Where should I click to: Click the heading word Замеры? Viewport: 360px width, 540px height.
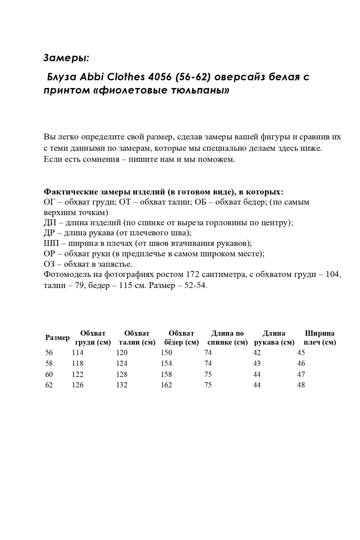coord(66,58)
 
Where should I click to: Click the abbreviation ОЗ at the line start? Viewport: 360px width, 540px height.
coord(49,264)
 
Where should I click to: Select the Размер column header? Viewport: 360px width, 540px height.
coord(57,338)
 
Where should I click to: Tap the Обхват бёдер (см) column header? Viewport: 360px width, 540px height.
coord(181,338)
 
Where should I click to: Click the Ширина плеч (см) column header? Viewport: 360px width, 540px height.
coord(320,338)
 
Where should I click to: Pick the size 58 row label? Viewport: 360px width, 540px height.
coord(49,363)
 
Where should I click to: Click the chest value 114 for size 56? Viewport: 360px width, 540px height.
coord(78,353)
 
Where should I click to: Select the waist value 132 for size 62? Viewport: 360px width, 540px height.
coord(122,385)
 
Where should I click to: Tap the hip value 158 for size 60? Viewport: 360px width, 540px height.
coord(166,374)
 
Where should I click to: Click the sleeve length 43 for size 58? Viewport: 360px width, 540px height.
coord(257,363)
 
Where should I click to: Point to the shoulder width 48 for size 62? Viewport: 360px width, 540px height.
coord(301,385)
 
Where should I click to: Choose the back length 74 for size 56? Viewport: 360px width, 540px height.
coord(208,353)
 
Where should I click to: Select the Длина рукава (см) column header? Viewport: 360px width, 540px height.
coord(274,338)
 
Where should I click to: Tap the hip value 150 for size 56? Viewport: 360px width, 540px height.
coord(166,353)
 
